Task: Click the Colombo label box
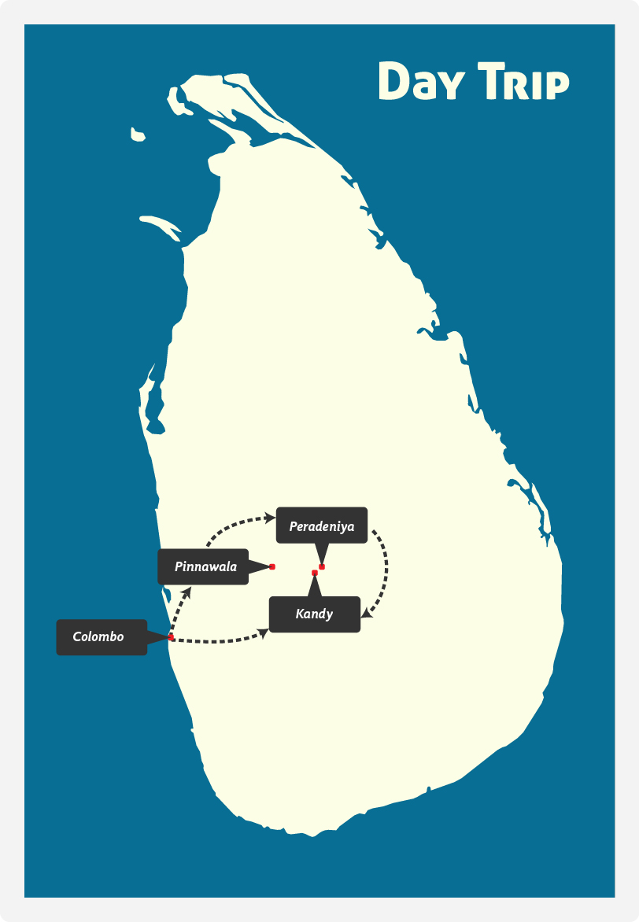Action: pyautogui.click(x=102, y=636)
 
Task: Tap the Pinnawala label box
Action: pyautogui.click(x=203, y=567)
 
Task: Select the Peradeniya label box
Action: pyautogui.click(x=322, y=525)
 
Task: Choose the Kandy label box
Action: pyautogui.click(x=315, y=614)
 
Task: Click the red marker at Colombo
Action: pyautogui.click(x=171, y=636)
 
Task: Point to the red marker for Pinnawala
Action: pyautogui.click(x=271, y=567)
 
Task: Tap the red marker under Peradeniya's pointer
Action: pyautogui.click(x=322, y=567)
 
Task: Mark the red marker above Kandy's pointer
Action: pyautogui.click(x=315, y=573)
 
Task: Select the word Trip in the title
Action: pyautogui.click(x=523, y=80)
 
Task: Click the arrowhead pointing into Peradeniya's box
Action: pyautogui.click(x=270, y=518)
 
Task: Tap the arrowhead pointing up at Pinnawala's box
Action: pyautogui.click(x=187, y=592)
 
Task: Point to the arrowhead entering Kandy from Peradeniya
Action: pyautogui.click(x=366, y=614)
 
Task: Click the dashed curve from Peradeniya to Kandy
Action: pyautogui.click(x=386, y=567)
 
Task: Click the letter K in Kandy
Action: pyautogui.click(x=300, y=614)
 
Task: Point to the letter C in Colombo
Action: pyautogui.click(x=76, y=636)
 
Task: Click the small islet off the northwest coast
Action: pyautogui.click(x=138, y=135)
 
